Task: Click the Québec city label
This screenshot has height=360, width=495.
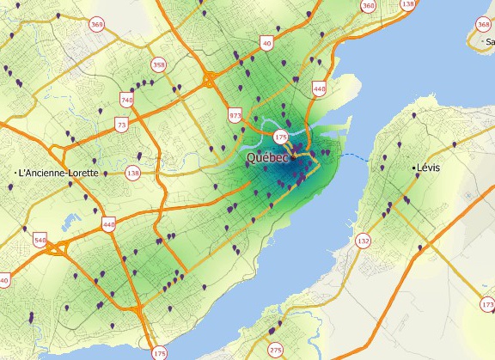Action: (267, 158)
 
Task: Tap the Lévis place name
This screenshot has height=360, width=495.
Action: (427, 168)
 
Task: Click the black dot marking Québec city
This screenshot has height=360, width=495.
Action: (293, 158)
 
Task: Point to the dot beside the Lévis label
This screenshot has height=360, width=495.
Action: (414, 168)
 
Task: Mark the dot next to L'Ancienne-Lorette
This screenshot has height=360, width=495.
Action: (18, 174)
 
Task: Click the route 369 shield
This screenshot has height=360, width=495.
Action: (97, 26)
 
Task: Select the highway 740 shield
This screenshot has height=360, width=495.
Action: (127, 101)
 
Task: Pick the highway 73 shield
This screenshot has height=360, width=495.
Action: (121, 125)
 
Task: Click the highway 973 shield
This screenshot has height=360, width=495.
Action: (235, 115)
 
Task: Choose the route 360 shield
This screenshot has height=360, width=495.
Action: (369, 6)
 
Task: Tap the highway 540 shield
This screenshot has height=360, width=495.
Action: (40, 239)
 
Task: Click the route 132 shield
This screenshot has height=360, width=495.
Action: (364, 241)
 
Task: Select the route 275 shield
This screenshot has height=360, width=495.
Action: (275, 350)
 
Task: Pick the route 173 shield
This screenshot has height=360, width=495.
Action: (488, 305)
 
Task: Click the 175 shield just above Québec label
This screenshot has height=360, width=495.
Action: (280, 137)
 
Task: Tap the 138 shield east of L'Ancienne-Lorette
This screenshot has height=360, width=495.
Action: (132, 174)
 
